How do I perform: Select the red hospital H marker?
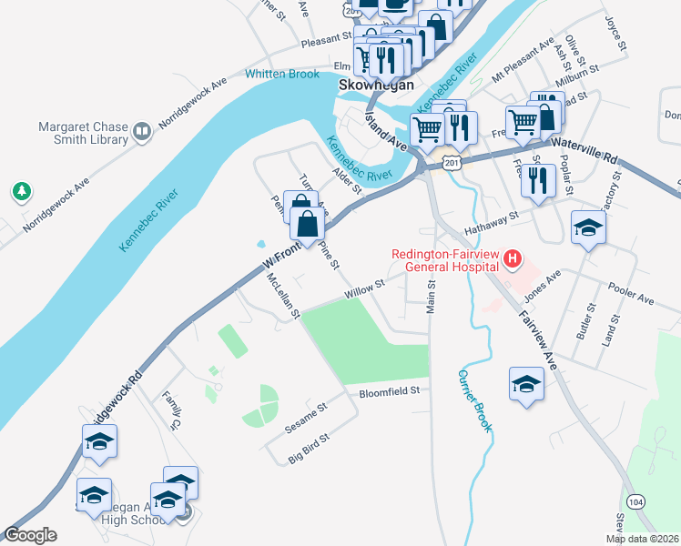[x=513, y=260]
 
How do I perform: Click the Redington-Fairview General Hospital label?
[x=445, y=260]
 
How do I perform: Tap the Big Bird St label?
[x=309, y=452]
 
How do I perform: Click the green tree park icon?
[x=21, y=192]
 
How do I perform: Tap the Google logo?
[x=30, y=535]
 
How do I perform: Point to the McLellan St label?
[x=283, y=298]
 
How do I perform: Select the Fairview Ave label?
[x=538, y=333]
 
